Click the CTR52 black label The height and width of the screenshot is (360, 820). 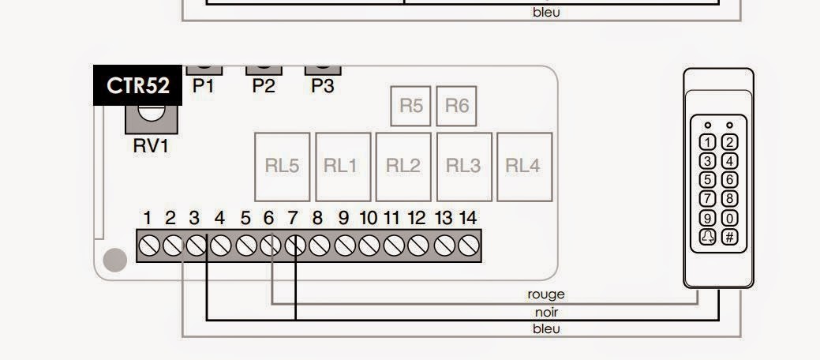(x=138, y=85)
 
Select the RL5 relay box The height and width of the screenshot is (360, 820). (x=282, y=166)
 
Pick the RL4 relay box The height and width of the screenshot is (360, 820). (x=523, y=166)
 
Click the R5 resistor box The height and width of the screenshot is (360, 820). (x=411, y=106)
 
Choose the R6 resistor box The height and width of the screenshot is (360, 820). (x=457, y=106)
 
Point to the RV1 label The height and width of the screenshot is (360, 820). (x=151, y=146)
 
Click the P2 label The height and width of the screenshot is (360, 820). (x=264, y=86)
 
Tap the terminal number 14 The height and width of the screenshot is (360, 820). (x=468, y=218)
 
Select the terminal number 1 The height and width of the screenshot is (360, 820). (x=148, y=218)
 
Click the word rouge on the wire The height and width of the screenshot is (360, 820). (x=546, y=294)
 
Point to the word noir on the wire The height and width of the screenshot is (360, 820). (x=546, y=312)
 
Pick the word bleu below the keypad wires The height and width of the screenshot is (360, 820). (x=546, y=328)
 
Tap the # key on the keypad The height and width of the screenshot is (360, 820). (x=730, y=237)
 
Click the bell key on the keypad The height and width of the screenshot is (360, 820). (x=709, y=237)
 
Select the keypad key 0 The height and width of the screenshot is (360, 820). (x=730, y=218)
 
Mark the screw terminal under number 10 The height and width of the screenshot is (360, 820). (x=369, y=246)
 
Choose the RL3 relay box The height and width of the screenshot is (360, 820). (x=463, y=166)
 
